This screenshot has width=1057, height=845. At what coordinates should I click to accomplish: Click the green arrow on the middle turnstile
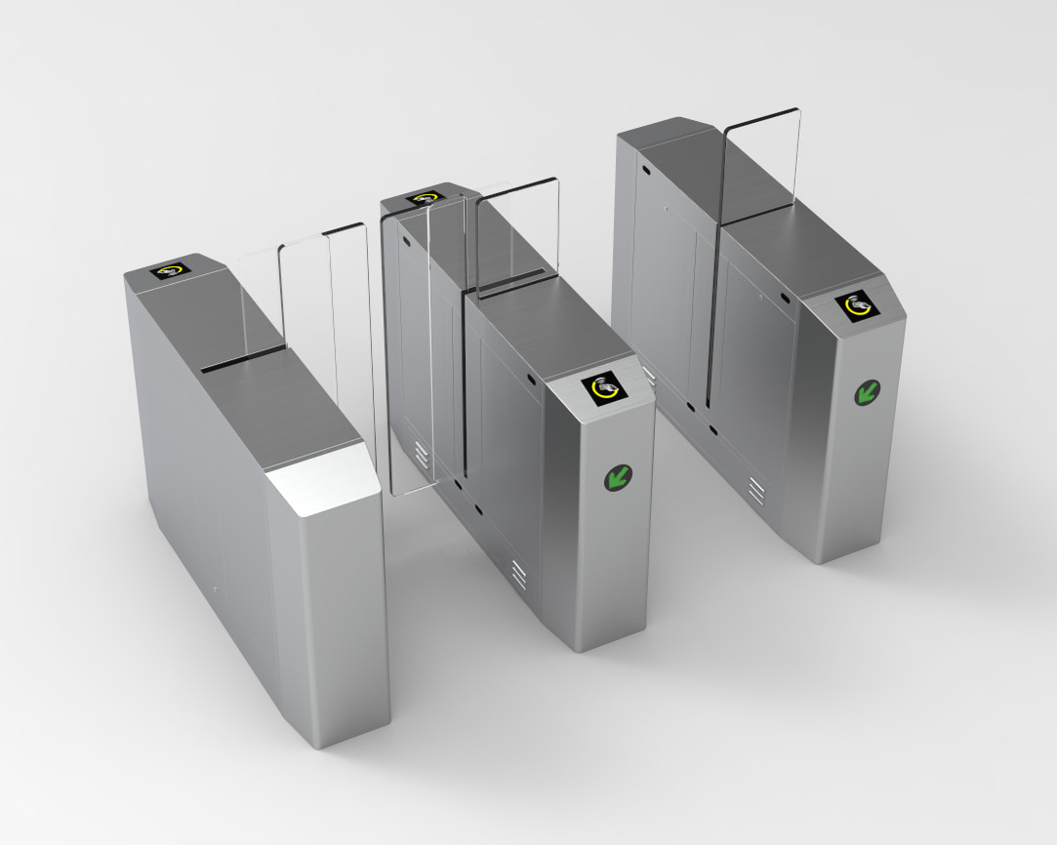coord(617,477)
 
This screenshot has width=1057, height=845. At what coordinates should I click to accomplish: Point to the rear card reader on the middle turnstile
coord(427,198)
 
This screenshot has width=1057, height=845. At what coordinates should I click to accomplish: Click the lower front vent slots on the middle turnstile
coord(519,574)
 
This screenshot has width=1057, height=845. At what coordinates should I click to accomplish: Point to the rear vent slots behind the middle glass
coord(422,452)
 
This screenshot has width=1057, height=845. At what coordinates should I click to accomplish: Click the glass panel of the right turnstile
coord(761,166)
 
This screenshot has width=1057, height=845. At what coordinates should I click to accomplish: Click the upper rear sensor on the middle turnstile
coord(406,240)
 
